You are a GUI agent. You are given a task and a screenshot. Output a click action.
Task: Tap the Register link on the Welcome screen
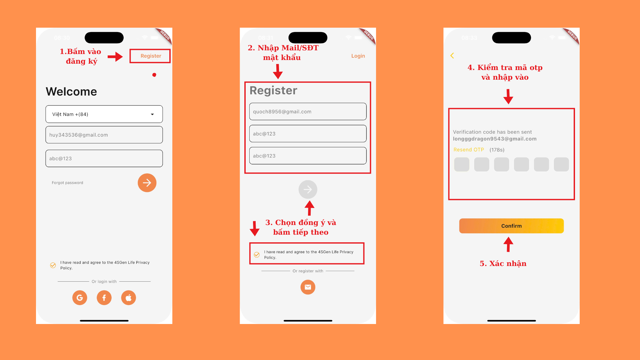pos(151,56)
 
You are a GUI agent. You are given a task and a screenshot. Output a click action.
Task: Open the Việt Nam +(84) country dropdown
pos(104,114)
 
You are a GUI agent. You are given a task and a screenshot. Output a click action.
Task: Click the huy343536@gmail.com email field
pos(104,135)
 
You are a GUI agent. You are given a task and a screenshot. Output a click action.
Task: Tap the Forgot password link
pos(67,183)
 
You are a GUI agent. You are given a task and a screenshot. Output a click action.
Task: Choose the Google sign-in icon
pos(80,298)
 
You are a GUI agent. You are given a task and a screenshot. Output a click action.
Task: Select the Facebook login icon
pos(104,298)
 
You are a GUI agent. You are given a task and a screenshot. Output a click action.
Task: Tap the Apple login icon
pos(129,298)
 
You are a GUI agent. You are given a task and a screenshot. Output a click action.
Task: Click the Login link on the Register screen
pos(358,56)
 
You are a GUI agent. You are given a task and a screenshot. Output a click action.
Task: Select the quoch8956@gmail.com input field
pos(308,112)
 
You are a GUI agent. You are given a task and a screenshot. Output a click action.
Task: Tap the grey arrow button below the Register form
pos(308,190)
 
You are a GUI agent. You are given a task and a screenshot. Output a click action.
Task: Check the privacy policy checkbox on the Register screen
pos(257,255)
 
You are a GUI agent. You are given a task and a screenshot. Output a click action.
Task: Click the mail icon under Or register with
pos(308,287)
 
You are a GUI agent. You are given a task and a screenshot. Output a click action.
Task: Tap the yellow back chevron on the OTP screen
pos(452,56)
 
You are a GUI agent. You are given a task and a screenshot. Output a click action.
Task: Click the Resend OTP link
pos(469,150)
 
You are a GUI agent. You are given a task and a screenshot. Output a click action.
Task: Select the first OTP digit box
pos(462,165)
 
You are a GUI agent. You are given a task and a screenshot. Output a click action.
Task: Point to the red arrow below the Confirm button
pos(508,244)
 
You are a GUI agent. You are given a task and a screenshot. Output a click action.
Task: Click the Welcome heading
pos(71,92)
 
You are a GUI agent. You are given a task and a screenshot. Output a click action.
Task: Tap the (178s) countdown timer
pos(497,150)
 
